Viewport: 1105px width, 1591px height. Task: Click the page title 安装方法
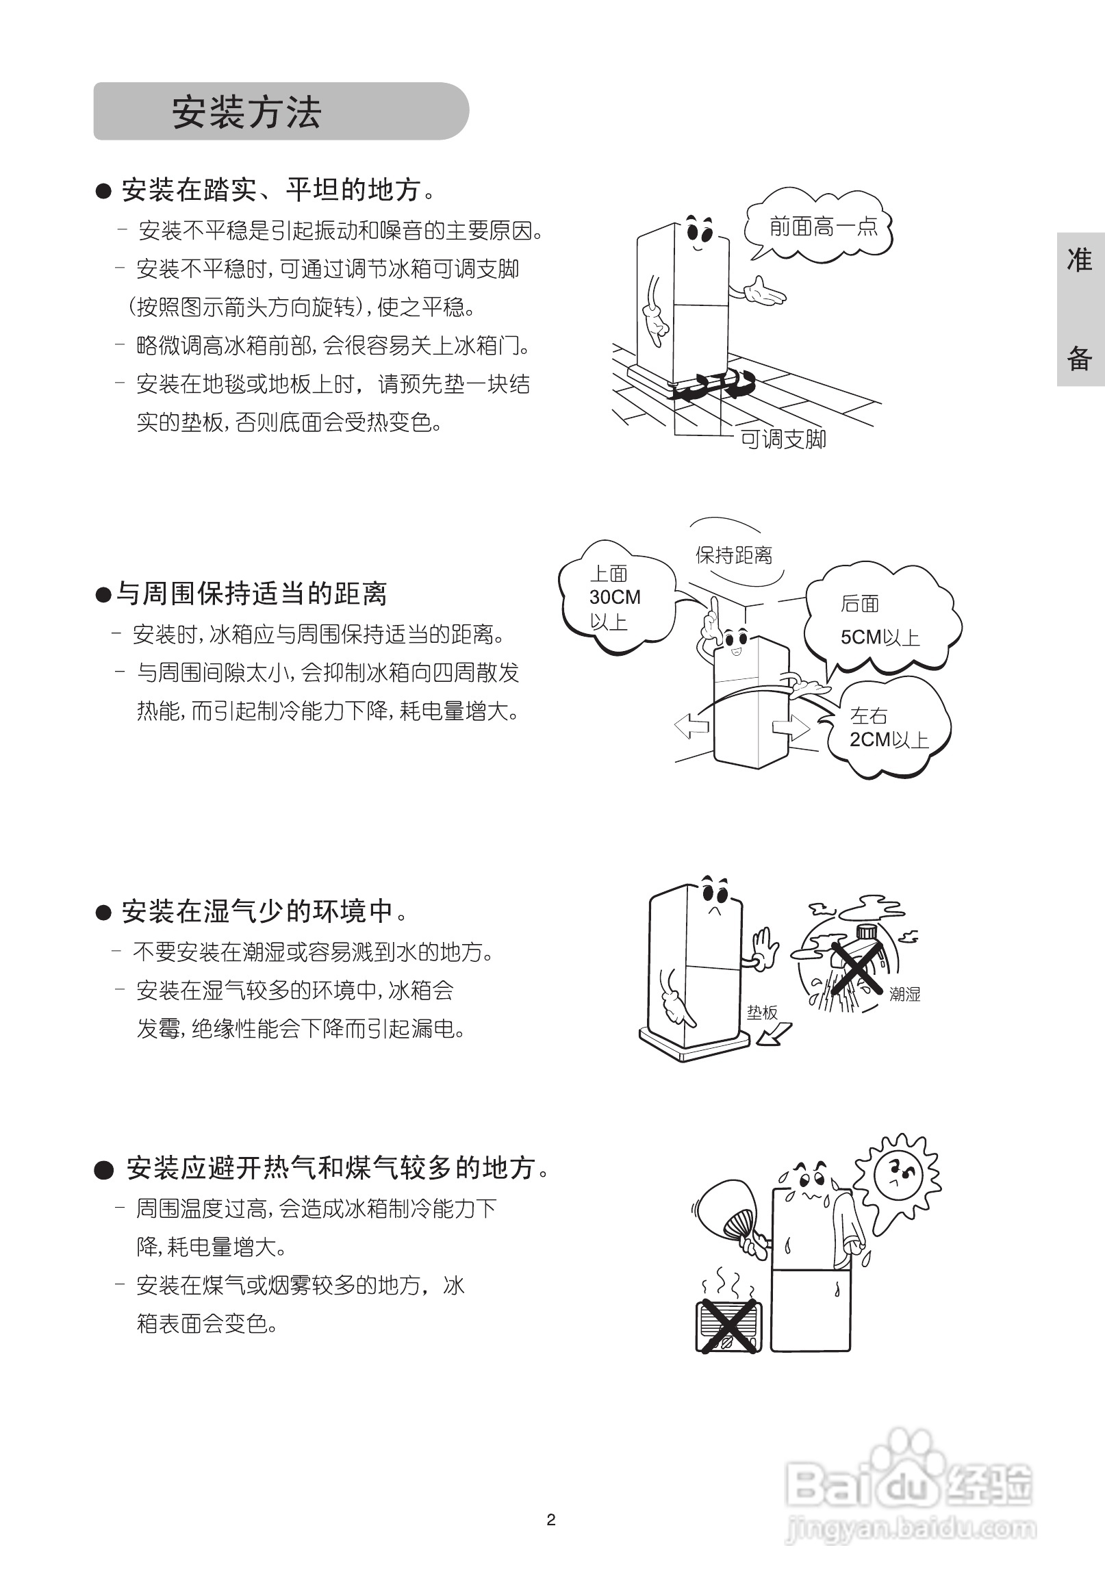point(246,112)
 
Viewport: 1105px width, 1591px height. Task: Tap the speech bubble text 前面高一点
point(822,227)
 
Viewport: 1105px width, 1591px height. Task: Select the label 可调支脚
point(783,439)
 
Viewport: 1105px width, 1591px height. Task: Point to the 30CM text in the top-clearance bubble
point(615,597)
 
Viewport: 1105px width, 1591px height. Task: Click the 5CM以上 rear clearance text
point(879,637)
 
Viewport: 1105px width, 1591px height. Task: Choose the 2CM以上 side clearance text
point(888,739)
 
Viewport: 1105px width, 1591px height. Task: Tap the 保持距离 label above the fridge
point(734,555)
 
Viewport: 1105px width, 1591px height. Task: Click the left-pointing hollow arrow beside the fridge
point(691,726)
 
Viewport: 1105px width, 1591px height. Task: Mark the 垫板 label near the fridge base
point(761,1013)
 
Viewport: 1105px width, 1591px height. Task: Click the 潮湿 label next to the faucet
point(904,994)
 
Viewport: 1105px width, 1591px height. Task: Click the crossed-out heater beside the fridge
point(728,1325)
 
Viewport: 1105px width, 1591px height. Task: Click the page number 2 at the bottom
point(551,1520)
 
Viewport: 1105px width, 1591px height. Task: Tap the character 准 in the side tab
point(1079,259)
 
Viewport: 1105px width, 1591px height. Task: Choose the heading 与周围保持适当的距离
point(251,594)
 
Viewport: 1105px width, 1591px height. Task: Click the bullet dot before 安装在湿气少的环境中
point(103,913)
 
